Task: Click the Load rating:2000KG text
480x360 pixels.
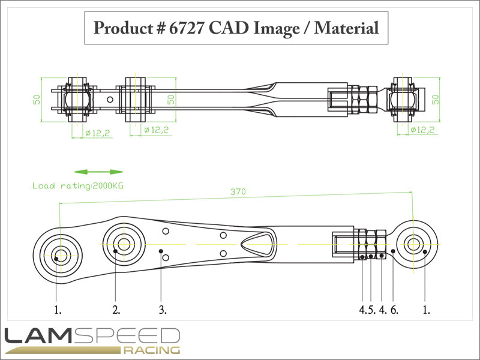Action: tap(82, 186)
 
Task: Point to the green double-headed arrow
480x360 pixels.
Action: tap(99, 172)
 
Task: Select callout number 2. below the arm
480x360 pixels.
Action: tap(116, 310)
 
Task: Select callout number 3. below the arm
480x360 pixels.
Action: tap(163, 310)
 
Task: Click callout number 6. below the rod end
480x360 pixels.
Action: tap(394, 310)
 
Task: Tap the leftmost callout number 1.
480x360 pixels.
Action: tap(58, 310)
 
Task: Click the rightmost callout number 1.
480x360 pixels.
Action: tap(427, 310)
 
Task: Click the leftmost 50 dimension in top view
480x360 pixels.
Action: tap(37, 97)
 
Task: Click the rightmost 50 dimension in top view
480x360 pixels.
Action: tap(436, 97)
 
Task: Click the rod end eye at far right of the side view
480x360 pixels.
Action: tap(413, 244)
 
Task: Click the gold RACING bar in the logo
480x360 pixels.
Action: tap(151, 350)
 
